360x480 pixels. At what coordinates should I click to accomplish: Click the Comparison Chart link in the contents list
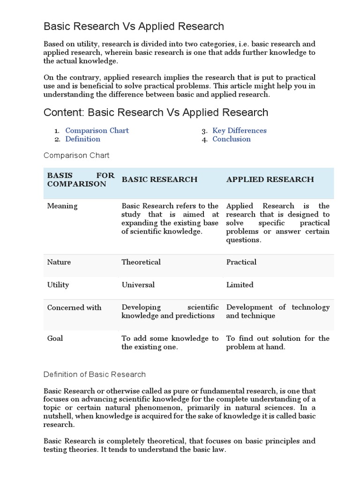(97, 131)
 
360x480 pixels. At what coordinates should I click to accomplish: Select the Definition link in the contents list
(82, 139)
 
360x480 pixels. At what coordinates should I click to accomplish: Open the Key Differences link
(239, 131)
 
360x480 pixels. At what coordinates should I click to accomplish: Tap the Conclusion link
(231, 139)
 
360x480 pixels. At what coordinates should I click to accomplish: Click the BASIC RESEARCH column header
(159, 180)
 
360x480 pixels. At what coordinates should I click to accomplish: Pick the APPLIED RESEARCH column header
(270, 180)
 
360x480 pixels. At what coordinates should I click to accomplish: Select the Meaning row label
(62, 206)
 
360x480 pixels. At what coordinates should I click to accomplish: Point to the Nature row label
(59, 262)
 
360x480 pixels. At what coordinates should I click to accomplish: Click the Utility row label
(58, 285)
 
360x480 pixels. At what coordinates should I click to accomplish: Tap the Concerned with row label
(74, 307)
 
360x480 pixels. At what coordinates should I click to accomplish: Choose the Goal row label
(55, 338)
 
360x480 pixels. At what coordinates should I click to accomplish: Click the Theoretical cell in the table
(141, 262)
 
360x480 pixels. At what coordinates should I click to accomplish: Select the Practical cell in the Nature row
(241, 262)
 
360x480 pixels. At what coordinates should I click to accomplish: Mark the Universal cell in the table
(138, 285)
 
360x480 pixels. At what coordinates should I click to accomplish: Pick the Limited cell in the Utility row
(240, 285)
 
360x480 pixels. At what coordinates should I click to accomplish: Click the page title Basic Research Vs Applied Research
(134, 26)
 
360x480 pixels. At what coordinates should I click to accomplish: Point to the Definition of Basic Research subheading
(94, 375)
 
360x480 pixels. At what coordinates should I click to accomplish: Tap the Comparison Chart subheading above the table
(76, 155)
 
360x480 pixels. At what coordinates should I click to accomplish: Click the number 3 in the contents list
(204, 131)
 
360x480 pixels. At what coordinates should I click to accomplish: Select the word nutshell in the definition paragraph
(58, 416)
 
